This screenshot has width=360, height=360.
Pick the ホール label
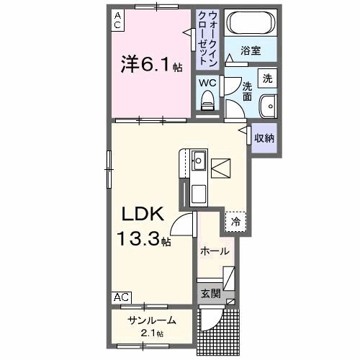(x=215, y=251)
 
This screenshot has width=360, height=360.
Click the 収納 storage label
(x=264, y=138)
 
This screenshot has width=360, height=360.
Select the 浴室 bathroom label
(x=250, y=50)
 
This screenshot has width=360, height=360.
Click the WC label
(x=207, y=82)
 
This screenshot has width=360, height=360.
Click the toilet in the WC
(x=208, y=103)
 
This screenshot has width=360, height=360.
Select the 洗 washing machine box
(x=267, y=78)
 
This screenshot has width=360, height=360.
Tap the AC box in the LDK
(x=121, y=297)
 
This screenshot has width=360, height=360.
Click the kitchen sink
(x=199, y=161)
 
